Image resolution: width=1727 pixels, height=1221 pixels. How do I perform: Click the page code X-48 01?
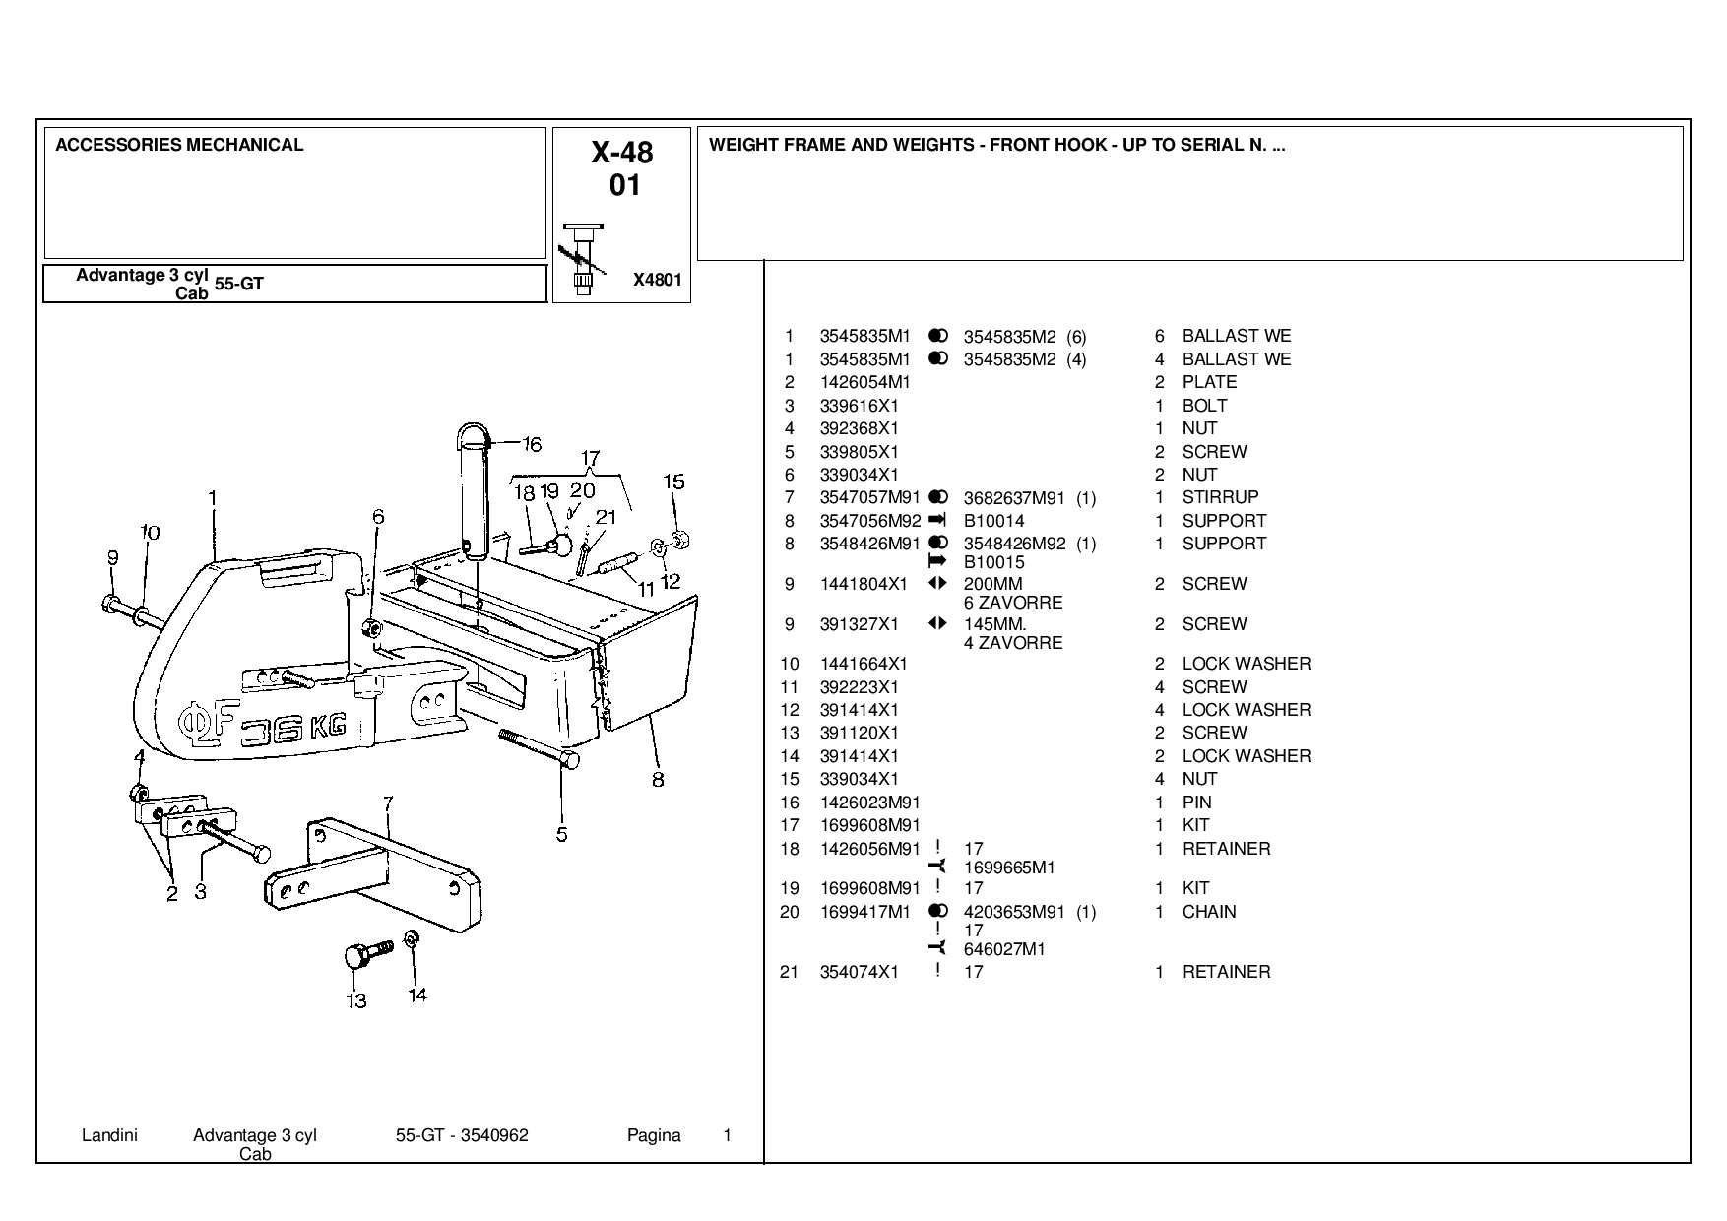tap(622, 168)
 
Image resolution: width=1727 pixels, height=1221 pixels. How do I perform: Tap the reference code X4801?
tap(657, 280)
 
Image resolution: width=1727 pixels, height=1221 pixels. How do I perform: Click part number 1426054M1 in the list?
tap(864, 382)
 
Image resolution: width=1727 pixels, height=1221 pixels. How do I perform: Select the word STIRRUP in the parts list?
tap(1220, 497)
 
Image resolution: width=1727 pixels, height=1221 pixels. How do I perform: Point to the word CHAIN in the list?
tap(1209, 912)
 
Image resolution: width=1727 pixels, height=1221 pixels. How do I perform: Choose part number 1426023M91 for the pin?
tap(869, 803)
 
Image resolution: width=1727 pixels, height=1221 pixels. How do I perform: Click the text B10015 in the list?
tap(993, 562)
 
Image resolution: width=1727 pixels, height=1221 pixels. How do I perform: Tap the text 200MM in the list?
tap(992, 584)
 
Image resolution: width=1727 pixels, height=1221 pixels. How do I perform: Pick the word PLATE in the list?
tap(1209, 382)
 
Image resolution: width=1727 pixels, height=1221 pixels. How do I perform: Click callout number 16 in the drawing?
tap(532, 444)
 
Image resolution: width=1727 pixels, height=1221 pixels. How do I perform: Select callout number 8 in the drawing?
tap(658, 780)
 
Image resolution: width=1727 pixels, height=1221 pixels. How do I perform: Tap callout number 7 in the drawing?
tap(389, 804)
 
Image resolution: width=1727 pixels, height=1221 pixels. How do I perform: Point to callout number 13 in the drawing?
tap(356, 1000)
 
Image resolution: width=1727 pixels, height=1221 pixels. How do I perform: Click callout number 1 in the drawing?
tap(213, 499)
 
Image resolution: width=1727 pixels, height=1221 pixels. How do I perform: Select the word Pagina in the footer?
tap(654, 1135)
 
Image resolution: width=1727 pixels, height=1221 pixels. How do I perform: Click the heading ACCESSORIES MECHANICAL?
tap(179, 145)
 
